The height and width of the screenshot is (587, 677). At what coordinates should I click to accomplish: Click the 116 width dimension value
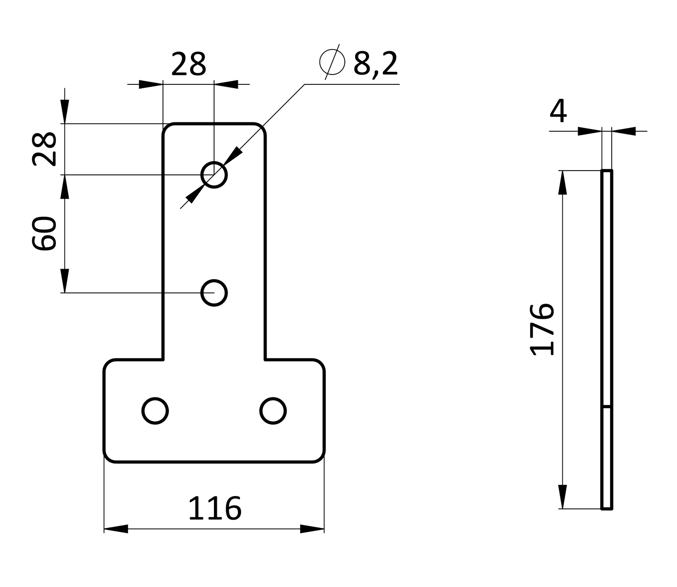[215, 509]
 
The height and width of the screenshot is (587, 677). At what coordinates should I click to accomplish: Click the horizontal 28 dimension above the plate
[189, 64]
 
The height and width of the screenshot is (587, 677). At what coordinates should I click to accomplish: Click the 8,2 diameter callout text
[376, 63]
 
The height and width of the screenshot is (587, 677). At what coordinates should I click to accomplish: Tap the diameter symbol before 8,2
[332, 62]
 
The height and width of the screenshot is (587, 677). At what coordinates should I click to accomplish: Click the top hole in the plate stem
[214, 174]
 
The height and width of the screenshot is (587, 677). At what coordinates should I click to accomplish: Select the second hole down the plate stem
[214, 293]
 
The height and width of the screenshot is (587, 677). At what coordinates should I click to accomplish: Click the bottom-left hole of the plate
[155, 411]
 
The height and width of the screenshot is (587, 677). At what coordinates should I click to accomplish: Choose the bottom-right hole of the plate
[273, 411]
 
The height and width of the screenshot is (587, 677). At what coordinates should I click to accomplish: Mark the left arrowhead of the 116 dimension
[116, 529]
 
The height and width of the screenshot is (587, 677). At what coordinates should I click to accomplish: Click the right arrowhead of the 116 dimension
[312, 529]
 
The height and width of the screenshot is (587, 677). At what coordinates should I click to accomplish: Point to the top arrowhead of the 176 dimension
[562, 182]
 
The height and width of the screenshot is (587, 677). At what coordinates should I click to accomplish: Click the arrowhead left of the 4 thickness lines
[589, 131]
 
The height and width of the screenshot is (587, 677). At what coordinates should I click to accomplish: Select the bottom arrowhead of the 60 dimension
[65, 281]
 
